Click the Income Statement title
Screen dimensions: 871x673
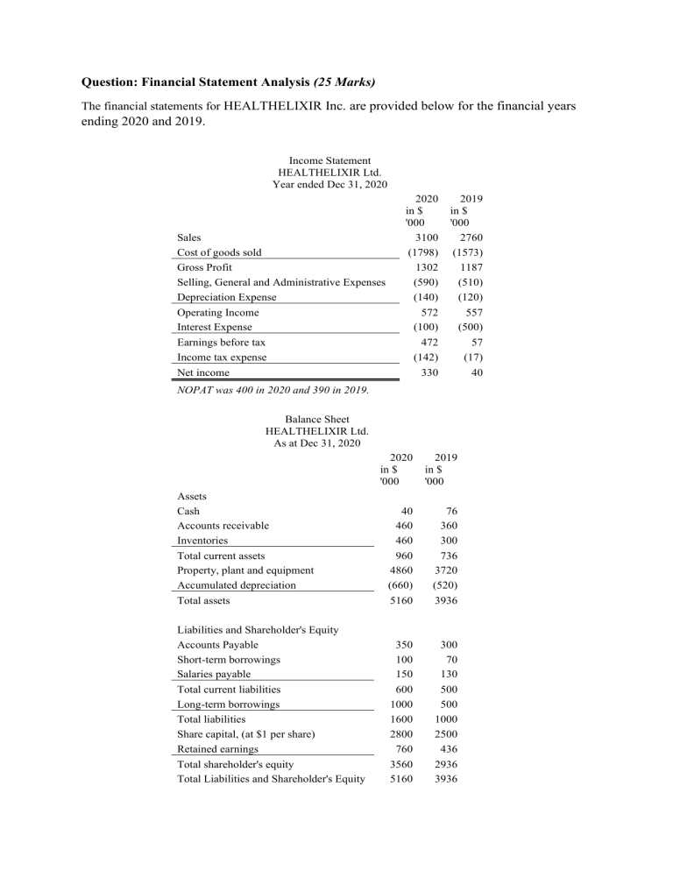click(x=329, y=161)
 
